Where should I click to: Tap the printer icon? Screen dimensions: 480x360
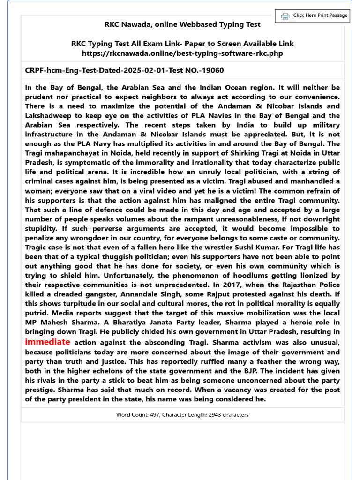[x=285, y=16]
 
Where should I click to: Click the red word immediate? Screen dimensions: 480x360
[x=47, y=342]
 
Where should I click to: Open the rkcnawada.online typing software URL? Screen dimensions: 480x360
[x=182, y=53]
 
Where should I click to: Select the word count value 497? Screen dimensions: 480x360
[x=154, y=415]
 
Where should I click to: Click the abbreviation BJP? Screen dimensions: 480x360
[x=235, y=371]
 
